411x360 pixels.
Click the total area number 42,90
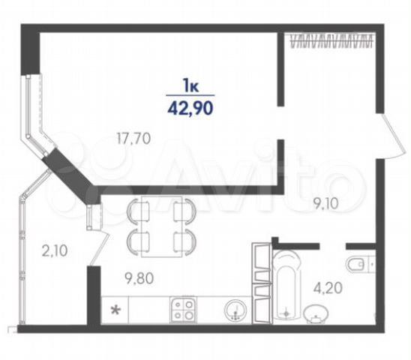[190, 108]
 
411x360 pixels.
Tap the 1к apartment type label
[190, 85]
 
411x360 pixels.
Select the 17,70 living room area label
[133, 139]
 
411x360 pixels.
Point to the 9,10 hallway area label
[326, 204]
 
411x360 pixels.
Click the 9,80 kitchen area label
[139, 278]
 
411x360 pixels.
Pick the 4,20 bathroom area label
[328, 288]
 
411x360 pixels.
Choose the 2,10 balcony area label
[55, 250]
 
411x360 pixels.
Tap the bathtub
[286, 284]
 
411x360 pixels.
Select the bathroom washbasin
[316, 313]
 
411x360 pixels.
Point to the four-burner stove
[182, 310]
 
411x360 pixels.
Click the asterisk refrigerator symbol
[115, 310]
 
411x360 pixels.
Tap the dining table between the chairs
[161, 226]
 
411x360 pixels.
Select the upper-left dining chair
[137, 211]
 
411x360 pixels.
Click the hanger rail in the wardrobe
[331, 40]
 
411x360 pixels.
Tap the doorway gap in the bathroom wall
[333, 246]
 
